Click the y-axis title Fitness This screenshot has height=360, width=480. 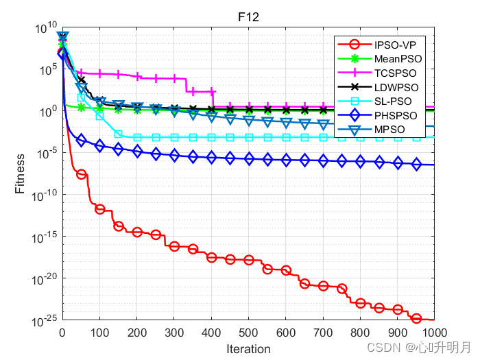[x=21, y=174]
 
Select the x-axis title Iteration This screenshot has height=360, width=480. [x=248, y=349]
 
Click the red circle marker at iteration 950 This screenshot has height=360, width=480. [x=416, y=318]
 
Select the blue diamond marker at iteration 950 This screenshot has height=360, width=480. [x=416, y=164]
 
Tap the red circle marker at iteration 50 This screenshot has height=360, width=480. [x=81, y=174]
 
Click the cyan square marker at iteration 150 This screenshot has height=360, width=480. [x=118, y=134]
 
